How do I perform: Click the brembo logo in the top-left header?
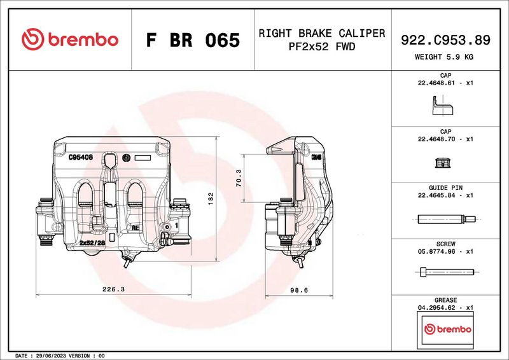point(69,39)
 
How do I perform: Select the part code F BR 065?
point(193,41)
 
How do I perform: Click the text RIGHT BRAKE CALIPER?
point(321,33)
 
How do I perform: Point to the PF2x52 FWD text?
point(321,47)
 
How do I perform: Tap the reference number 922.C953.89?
point(445,40)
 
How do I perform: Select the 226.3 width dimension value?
point(113,289)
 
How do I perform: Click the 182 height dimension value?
point(211,198)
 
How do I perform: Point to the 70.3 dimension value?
point(239,178)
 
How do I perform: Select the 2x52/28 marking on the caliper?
point(92,242)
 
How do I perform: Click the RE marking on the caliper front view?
point(135,227)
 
